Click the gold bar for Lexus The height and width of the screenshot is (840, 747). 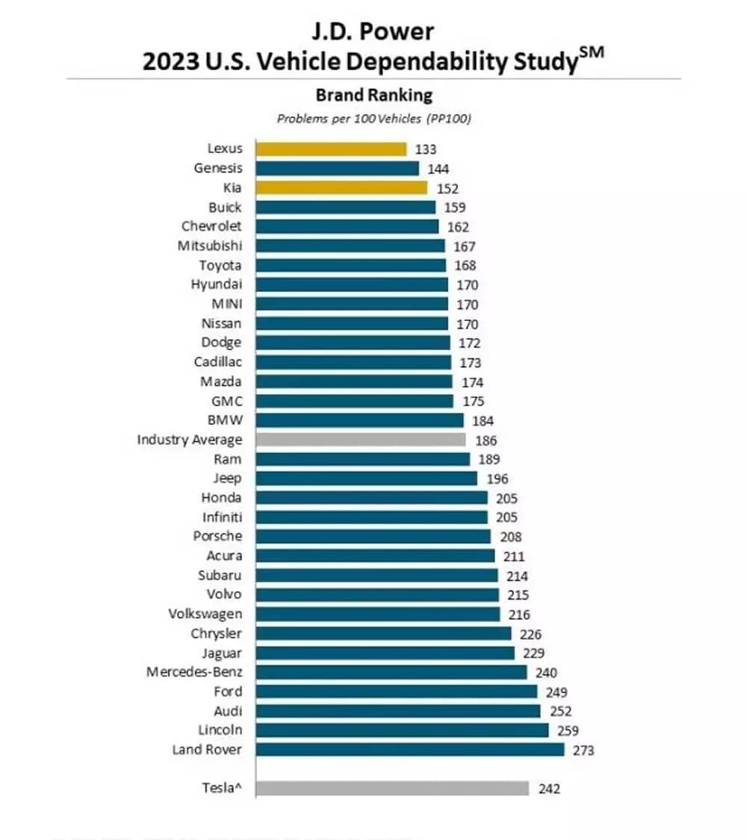coord(331,149)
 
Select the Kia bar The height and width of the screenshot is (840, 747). coord(341,187)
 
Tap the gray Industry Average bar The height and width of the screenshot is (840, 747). coord(361,440)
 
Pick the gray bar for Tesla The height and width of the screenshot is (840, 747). coord(392,788)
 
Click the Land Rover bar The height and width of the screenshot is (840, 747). coord(410,749)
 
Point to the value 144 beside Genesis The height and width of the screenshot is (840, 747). coord(438,169)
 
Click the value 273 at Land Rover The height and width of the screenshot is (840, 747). coord(583,750)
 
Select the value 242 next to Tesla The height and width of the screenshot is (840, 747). coord(549,788)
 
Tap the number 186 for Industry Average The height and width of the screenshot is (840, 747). coord(486,441)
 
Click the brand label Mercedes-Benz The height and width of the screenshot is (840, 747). coord(194,672)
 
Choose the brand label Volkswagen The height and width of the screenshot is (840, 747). coord(205,614)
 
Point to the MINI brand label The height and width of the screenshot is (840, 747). coord(227,304)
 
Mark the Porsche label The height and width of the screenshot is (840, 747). coord(217,536)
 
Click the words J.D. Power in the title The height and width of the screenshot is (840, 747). coord(373,31)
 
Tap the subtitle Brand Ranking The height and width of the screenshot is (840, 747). coord(373,95)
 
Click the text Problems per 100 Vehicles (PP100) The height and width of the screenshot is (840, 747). coord(373,118)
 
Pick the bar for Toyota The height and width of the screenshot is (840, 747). coord(351,265)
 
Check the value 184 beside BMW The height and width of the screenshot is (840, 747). coord(483,420)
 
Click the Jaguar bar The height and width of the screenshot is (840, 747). coord(385,653)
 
